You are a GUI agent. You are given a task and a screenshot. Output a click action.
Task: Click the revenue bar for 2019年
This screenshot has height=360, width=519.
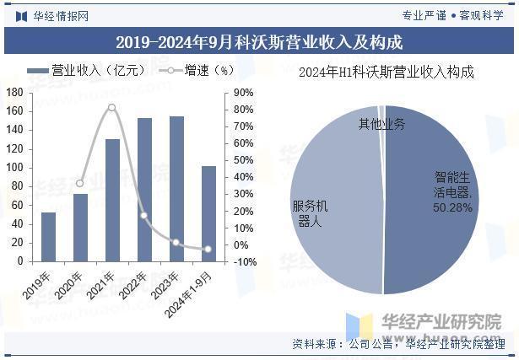click(48, 237)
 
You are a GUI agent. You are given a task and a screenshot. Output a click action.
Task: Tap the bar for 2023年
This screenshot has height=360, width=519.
click(176, 190)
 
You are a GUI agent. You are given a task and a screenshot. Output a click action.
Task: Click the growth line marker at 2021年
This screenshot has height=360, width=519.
click(112, 107)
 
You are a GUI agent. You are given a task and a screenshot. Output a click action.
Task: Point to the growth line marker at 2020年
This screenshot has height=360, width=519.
click(80, 183)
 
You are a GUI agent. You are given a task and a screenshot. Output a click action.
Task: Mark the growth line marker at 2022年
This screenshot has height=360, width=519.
click(144, 216)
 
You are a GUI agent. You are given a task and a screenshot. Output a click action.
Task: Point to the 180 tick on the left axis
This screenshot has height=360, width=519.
click(14, 92)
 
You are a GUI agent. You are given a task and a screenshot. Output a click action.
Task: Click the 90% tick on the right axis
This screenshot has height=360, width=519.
click(244, 92)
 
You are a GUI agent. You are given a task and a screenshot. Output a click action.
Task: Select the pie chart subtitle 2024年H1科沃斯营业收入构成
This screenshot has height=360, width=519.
click(387, 73)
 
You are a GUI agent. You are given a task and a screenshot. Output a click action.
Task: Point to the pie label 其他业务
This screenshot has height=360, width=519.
click(381, 124)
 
